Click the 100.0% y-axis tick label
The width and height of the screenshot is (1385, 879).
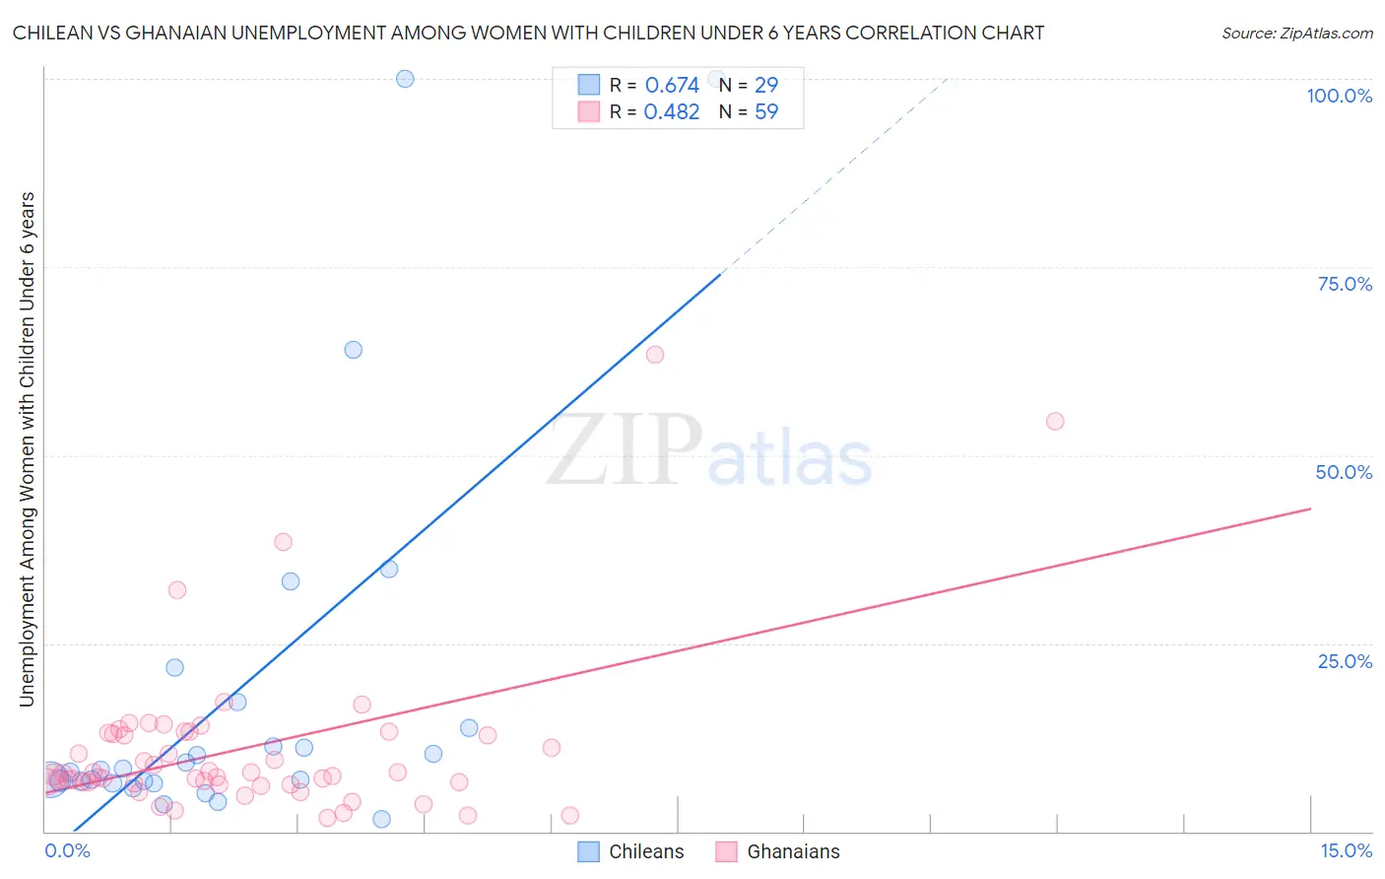click(x=1339, y=96)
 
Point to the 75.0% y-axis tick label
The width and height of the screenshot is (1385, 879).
click(x=1345, y=284)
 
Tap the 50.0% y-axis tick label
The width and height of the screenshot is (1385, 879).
click(x=1344, y=472)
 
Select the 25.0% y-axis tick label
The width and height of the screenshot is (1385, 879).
click(x=1345, y=661)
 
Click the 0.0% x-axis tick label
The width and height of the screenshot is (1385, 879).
click(x=67, y=850)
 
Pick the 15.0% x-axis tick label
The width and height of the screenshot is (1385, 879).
click(x=1346, y=850)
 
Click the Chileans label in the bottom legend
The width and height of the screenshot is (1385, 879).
click(x=646, y=851)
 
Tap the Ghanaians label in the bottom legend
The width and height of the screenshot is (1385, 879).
click(x=793, y=851)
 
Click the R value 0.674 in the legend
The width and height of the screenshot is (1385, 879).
click(x=672, y=86)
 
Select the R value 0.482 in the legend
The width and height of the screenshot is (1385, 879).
click(x=672, y=112)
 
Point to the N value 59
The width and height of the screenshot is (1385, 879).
click(x=766, y=112)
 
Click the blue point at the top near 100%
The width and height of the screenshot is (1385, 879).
click(x=405, y=79)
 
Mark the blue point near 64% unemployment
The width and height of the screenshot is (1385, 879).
click(x=354, y=350)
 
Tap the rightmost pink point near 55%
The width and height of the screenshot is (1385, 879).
click(x=1055, y=422)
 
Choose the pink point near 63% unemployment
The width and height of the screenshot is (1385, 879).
click(x=655, y=355)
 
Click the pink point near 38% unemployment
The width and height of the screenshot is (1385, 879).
click(x=283, y=542)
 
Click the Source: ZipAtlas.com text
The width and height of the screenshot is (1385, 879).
click(x=1296, y=34)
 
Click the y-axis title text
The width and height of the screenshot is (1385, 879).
click(x=27, y=449)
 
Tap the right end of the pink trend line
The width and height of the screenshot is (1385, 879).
click(x=1310, y=508)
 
